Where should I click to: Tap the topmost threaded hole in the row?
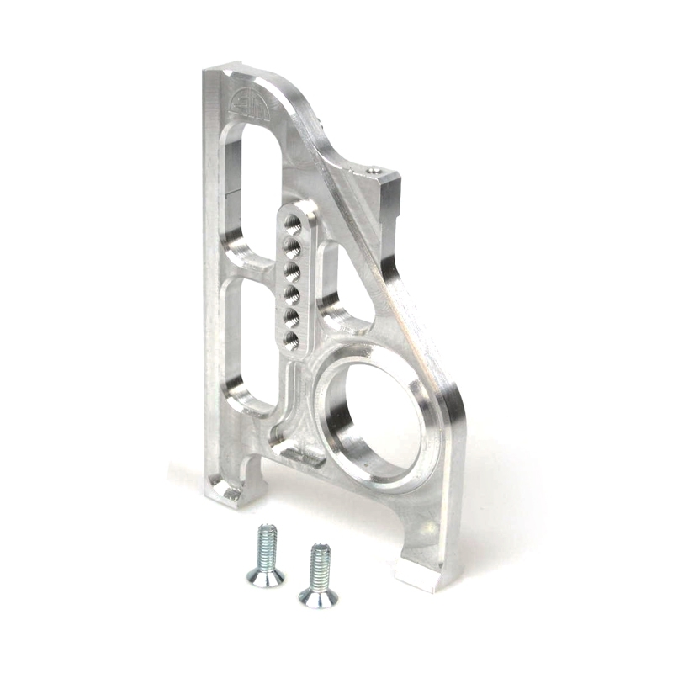[292, 224]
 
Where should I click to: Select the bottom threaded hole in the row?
[290, 340]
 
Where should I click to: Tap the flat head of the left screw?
[265, 576]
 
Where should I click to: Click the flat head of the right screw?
[319, 597]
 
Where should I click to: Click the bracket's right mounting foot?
[421, 572]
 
